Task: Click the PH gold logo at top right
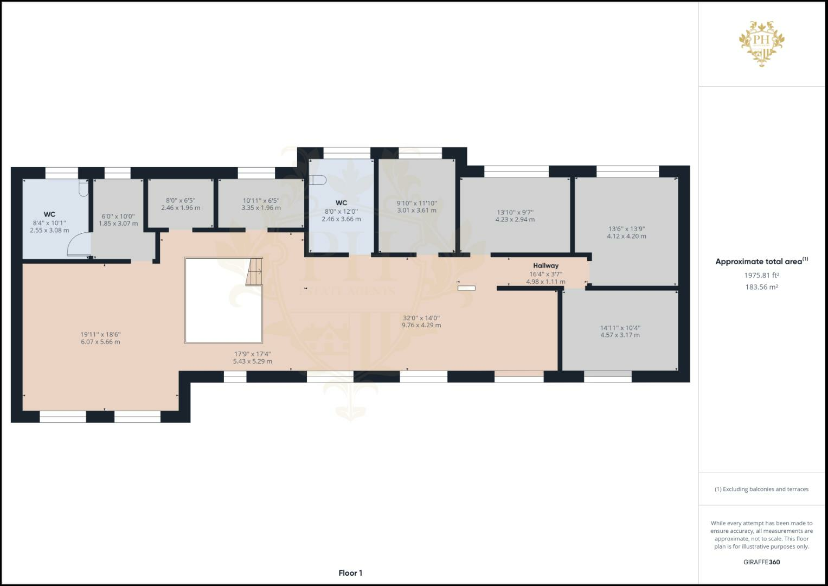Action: pos(762,43)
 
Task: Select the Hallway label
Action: pos(545,265)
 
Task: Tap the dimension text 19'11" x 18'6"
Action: pos(100,335)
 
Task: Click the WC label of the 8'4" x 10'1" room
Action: pos(49,214)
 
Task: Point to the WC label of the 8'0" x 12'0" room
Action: pos(341,203)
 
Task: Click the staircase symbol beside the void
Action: pos(254,271)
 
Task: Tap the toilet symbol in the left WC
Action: pos(84,188)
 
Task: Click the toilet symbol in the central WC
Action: pos(318,181)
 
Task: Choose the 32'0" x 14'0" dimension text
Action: pos(421,318)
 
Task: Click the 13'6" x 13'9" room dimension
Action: pos(626,229)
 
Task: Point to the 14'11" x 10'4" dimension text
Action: pos(620,328)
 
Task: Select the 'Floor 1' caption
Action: pos(350,573)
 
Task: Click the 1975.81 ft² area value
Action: pos(761,275)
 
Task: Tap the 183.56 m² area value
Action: pos(761,287)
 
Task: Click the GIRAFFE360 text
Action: pos(761,562)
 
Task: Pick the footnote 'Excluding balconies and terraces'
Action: pos(761,489)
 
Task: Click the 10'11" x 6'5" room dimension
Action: pos(261,201)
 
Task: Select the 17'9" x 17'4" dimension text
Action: pos(252,354)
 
